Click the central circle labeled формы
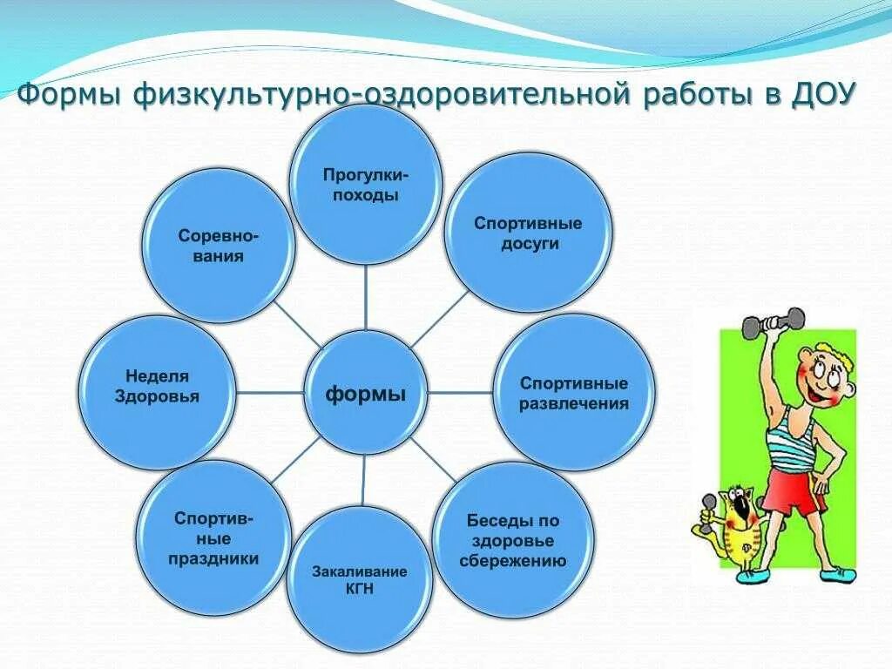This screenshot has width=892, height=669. (366, 394)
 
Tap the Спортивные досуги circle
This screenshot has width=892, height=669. (528, 233)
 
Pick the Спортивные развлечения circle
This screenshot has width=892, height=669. (573, 393)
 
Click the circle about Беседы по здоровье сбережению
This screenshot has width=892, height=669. (513, 540)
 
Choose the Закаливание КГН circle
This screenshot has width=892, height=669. (360, 579)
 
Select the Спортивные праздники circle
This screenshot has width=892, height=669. (214, 537)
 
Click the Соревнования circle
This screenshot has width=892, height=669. (219, 247)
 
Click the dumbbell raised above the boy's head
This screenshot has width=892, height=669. (774, 322)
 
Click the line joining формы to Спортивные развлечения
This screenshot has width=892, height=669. (461, 392)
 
